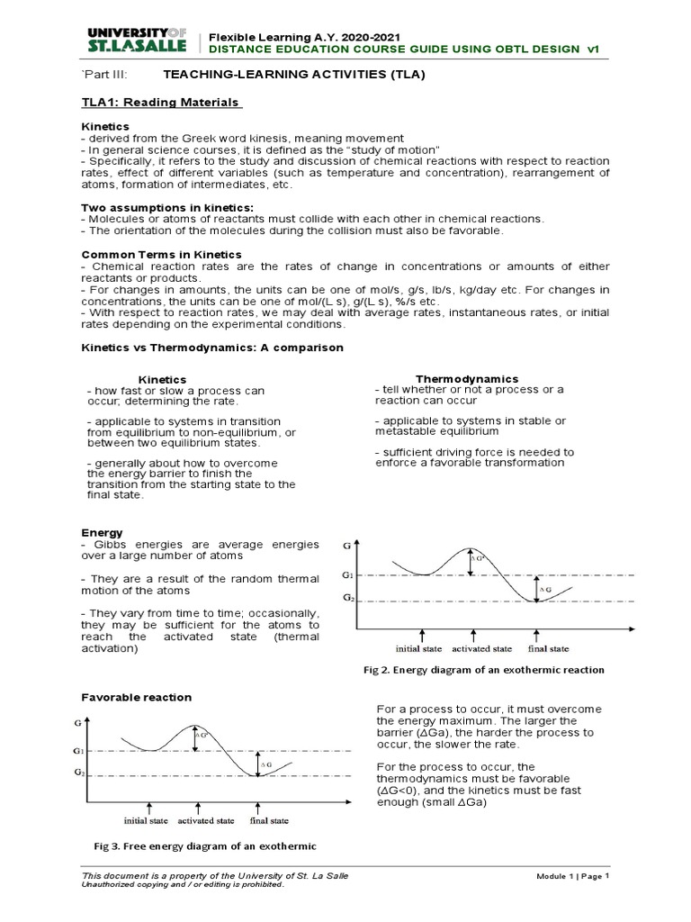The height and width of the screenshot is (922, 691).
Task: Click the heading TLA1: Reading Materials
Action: [x=161, y=103]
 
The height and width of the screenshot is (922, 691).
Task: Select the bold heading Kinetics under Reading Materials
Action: [x=105, y=126]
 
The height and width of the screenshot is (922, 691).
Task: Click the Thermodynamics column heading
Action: [x=466, y=379]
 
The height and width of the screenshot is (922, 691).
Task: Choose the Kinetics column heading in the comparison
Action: [x=161, y=380]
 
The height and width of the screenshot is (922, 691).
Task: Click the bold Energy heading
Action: [x=102, y=533]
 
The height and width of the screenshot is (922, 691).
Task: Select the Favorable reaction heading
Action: [x=136, y=698]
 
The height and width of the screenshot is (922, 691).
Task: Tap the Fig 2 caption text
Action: [x=483, y=670]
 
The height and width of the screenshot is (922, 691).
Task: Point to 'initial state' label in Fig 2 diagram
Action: [x=419, y=648]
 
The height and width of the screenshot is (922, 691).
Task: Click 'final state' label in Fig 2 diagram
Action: [x=548, y=648]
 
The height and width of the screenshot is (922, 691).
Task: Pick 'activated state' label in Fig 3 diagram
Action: [x=206, y=821]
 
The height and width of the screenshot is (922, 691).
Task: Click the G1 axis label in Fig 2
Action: [x=347, y=574]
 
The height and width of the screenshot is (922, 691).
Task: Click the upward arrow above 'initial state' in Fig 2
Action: [x=420, y=634]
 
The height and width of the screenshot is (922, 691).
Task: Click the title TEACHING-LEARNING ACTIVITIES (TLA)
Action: [x=281, y=75]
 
